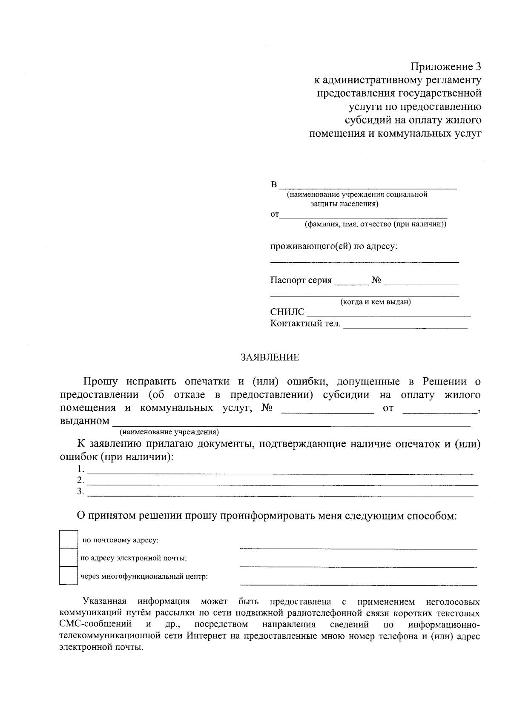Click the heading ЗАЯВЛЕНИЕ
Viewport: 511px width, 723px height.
click(270, 357)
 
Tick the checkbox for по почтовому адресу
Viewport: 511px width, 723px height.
click(68, 539)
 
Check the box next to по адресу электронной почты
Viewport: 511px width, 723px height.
click(68, 557)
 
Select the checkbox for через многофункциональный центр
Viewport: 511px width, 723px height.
click(68, 576)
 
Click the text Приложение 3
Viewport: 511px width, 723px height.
click(446, 67)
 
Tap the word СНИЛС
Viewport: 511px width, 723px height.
click(287, 313)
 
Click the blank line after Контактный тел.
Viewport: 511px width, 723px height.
click(405, 327)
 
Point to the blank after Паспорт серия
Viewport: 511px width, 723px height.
click(352, 283)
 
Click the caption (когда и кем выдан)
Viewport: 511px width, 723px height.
click(375, 302)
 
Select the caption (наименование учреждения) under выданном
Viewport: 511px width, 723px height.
click(169, 432)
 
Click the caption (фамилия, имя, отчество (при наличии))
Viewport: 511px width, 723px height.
click(375, 224)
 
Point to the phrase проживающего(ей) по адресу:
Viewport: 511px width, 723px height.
click(334, 247)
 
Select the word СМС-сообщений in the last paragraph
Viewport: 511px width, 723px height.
click(95, 625)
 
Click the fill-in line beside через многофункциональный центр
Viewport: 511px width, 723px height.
click(358, 585)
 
